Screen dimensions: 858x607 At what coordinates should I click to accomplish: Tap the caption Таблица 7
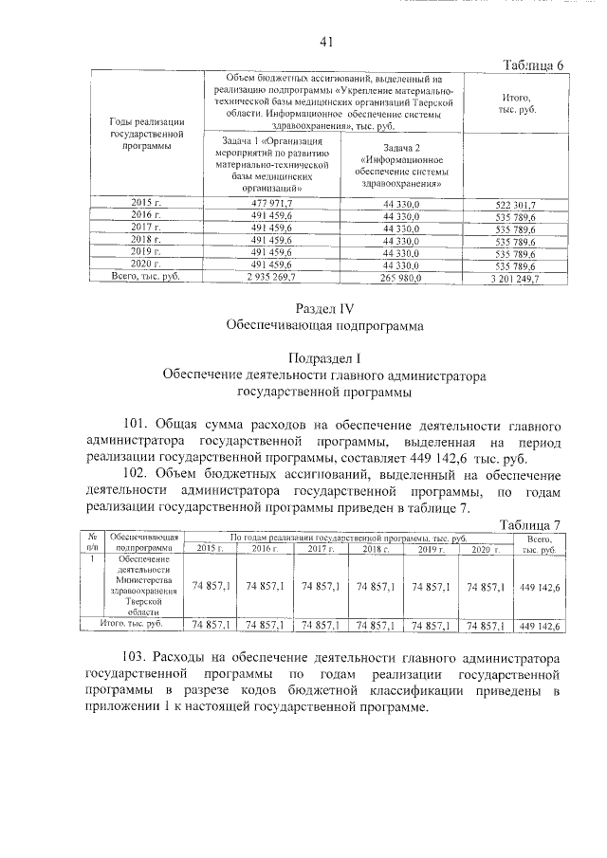[x=530, y=524]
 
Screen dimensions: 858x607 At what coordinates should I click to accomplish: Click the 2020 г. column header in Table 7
[x=486, y=549]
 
